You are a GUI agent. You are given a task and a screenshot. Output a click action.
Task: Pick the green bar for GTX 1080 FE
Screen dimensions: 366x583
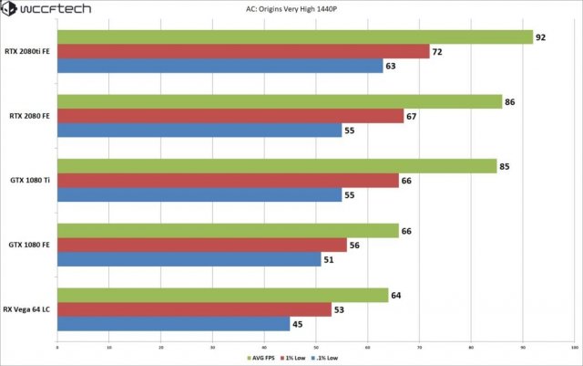(228, 231)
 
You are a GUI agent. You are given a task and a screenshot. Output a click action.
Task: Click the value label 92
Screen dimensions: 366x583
(540, 37)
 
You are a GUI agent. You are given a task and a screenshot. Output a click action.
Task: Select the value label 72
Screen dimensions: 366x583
(437, 52)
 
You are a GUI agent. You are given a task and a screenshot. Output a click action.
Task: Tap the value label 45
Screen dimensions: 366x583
(297, 324)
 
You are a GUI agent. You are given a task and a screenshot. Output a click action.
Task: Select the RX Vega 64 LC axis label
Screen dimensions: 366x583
(27, 309)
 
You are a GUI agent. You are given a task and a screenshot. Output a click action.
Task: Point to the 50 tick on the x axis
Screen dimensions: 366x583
(315, 348)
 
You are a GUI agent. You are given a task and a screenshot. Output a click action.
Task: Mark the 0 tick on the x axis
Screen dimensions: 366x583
(57, 348)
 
